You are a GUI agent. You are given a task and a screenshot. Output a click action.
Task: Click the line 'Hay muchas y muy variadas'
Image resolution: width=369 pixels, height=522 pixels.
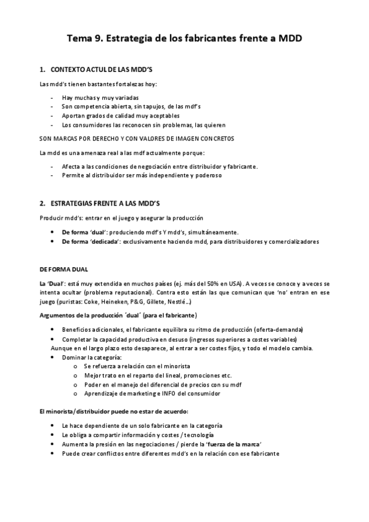(x=100, y=98)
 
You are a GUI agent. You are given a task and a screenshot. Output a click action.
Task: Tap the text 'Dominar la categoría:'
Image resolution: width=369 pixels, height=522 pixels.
(x=92, y=357)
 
